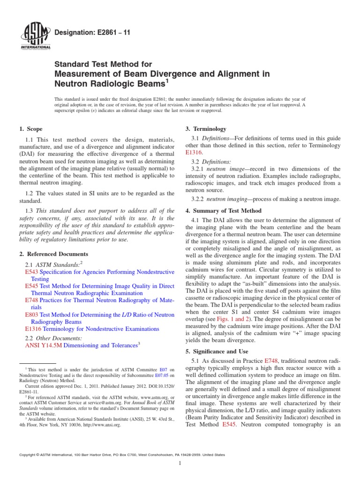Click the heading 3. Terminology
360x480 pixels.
(x=207, y=129)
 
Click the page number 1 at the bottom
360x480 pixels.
(x=180, y=464)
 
